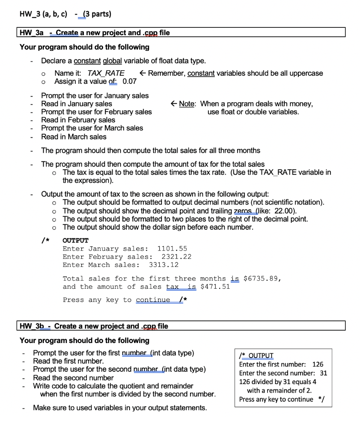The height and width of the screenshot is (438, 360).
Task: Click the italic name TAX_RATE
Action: tap(106, 73)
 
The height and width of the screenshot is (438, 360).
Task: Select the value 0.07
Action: tap(129, 81)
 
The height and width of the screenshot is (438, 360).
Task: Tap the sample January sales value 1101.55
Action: tap(172, 249)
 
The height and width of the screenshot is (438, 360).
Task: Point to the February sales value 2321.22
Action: tap(176, 257)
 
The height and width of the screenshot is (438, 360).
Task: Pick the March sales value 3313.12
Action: tap(164, 265)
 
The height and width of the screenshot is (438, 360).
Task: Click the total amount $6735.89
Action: tap(261, 278)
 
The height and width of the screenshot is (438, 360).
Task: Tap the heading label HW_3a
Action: tap(32, 33)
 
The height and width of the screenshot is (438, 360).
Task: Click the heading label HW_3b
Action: tap(32, 326)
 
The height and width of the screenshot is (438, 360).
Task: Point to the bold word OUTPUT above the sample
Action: tap(75, 240)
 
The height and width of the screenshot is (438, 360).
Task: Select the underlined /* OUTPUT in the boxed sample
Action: tap(256, 355)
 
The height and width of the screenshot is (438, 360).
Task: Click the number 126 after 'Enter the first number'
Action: tap(318, 364)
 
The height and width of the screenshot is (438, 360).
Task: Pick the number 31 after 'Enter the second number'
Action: tap(323, 373)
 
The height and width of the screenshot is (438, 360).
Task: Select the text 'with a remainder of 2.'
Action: tap(279, 390)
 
